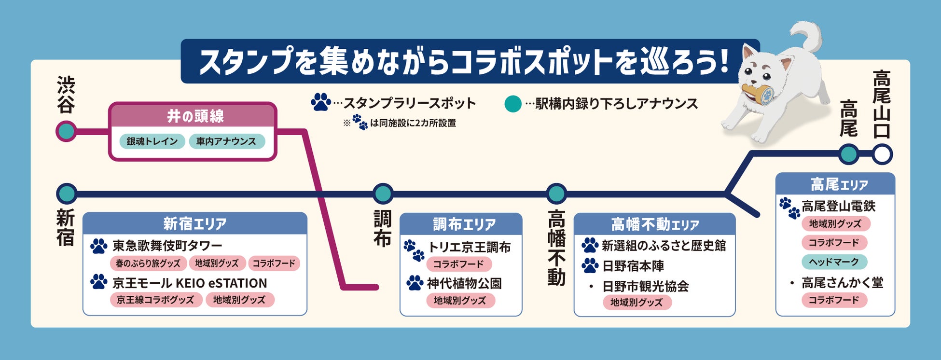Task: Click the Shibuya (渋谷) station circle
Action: pos(66,131)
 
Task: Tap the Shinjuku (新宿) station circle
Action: pos(67,194)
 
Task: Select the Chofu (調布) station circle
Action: pos(383,194)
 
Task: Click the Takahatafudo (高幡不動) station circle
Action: pos(556,194)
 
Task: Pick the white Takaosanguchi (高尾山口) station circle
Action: pos(882,155)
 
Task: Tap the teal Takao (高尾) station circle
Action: pos(849,155)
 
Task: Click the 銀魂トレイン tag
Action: pos(152,141)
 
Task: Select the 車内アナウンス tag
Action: pos(226,141)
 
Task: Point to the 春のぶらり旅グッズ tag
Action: pos(148,263)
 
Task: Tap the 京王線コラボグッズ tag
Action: pos(155,300)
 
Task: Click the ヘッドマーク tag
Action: pos(834,262)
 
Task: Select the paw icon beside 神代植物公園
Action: pos(415,283)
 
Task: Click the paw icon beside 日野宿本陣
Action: pos(590,265)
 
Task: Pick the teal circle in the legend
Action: pos(512,104)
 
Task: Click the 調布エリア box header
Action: pos(461,224)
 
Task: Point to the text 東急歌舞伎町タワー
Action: pos(167,246)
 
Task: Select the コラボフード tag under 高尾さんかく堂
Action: pos(834,300)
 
